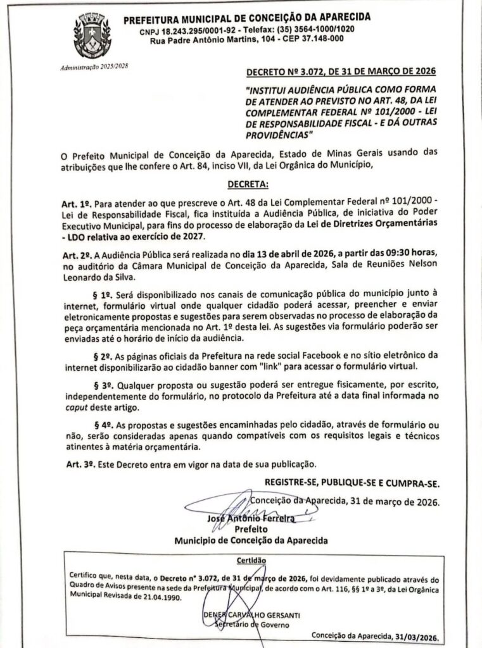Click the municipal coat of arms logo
[x=92, y=36]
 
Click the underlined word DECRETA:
[x=247, y=184]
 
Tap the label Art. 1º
[x=79, y=201]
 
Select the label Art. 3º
[x=79, y=464]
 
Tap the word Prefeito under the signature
[x=251, y=529]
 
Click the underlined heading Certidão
[x=252, y=561]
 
